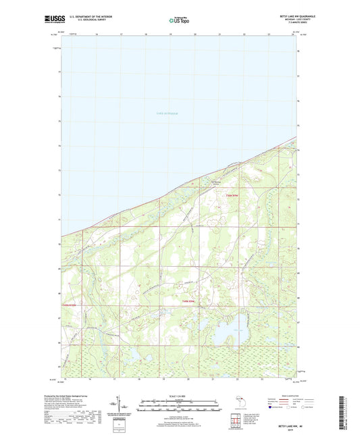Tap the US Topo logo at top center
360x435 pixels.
(180, 21)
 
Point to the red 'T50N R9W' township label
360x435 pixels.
(232, 195)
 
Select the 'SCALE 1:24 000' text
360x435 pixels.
(180, 396)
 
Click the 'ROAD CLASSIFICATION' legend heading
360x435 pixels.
(287, 396)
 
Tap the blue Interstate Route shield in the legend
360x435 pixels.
(271, 407)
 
